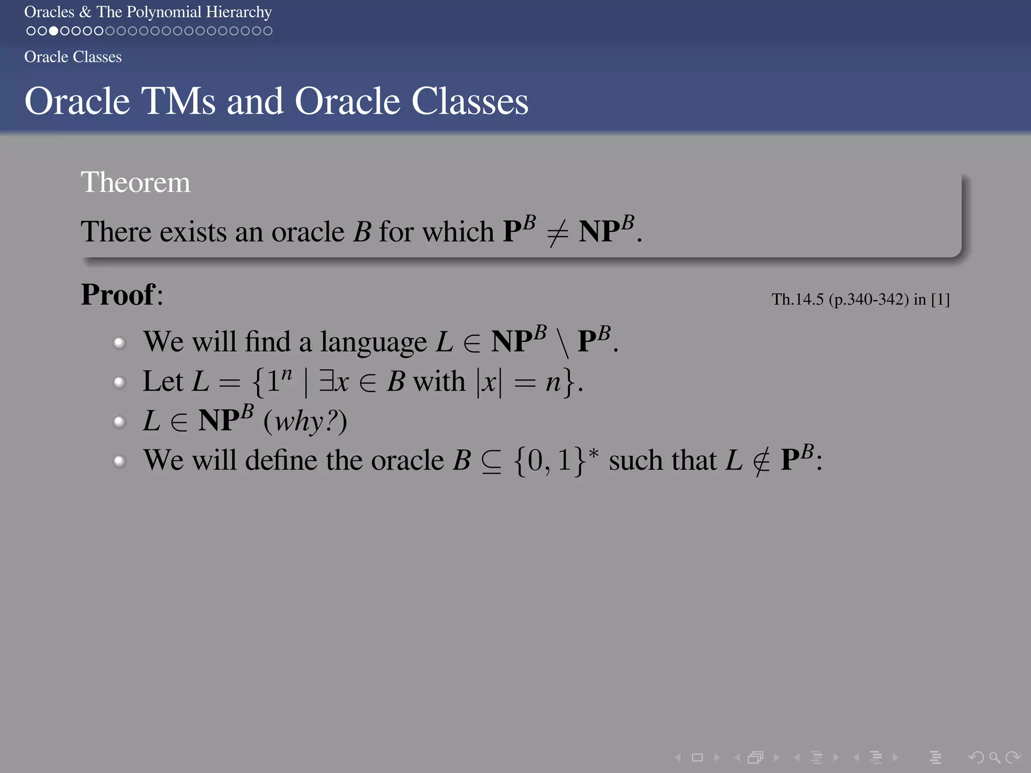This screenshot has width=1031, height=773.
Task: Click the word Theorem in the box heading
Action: [135, 182]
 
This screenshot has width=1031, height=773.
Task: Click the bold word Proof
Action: [118, 294]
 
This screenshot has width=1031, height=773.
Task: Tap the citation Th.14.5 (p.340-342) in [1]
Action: [860, 300]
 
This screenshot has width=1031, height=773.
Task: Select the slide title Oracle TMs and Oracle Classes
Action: [276, 101]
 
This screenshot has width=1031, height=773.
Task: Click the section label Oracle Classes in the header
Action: [73, 57]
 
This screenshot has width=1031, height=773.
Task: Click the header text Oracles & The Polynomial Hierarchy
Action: [148, 12]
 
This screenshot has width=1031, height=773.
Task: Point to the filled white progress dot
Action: [53, 31]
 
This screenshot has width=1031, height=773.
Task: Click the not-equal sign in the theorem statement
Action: [557, 233]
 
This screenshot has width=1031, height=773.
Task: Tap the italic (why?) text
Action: [305, 421]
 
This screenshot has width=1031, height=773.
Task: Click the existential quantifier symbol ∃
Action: [326, 381]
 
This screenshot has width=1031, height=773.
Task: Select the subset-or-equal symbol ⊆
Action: [491, 461]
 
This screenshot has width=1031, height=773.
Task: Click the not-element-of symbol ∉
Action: [761, 461]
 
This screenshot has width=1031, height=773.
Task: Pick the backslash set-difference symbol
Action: [562, 342]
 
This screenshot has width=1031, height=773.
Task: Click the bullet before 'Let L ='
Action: [119, 382]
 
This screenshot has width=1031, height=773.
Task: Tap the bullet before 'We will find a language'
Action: [119, 343]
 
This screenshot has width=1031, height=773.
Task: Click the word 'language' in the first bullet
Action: [373, 342]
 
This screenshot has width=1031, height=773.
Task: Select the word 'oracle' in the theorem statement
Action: [308, 232]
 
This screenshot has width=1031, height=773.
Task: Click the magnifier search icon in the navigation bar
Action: [994, 757]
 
